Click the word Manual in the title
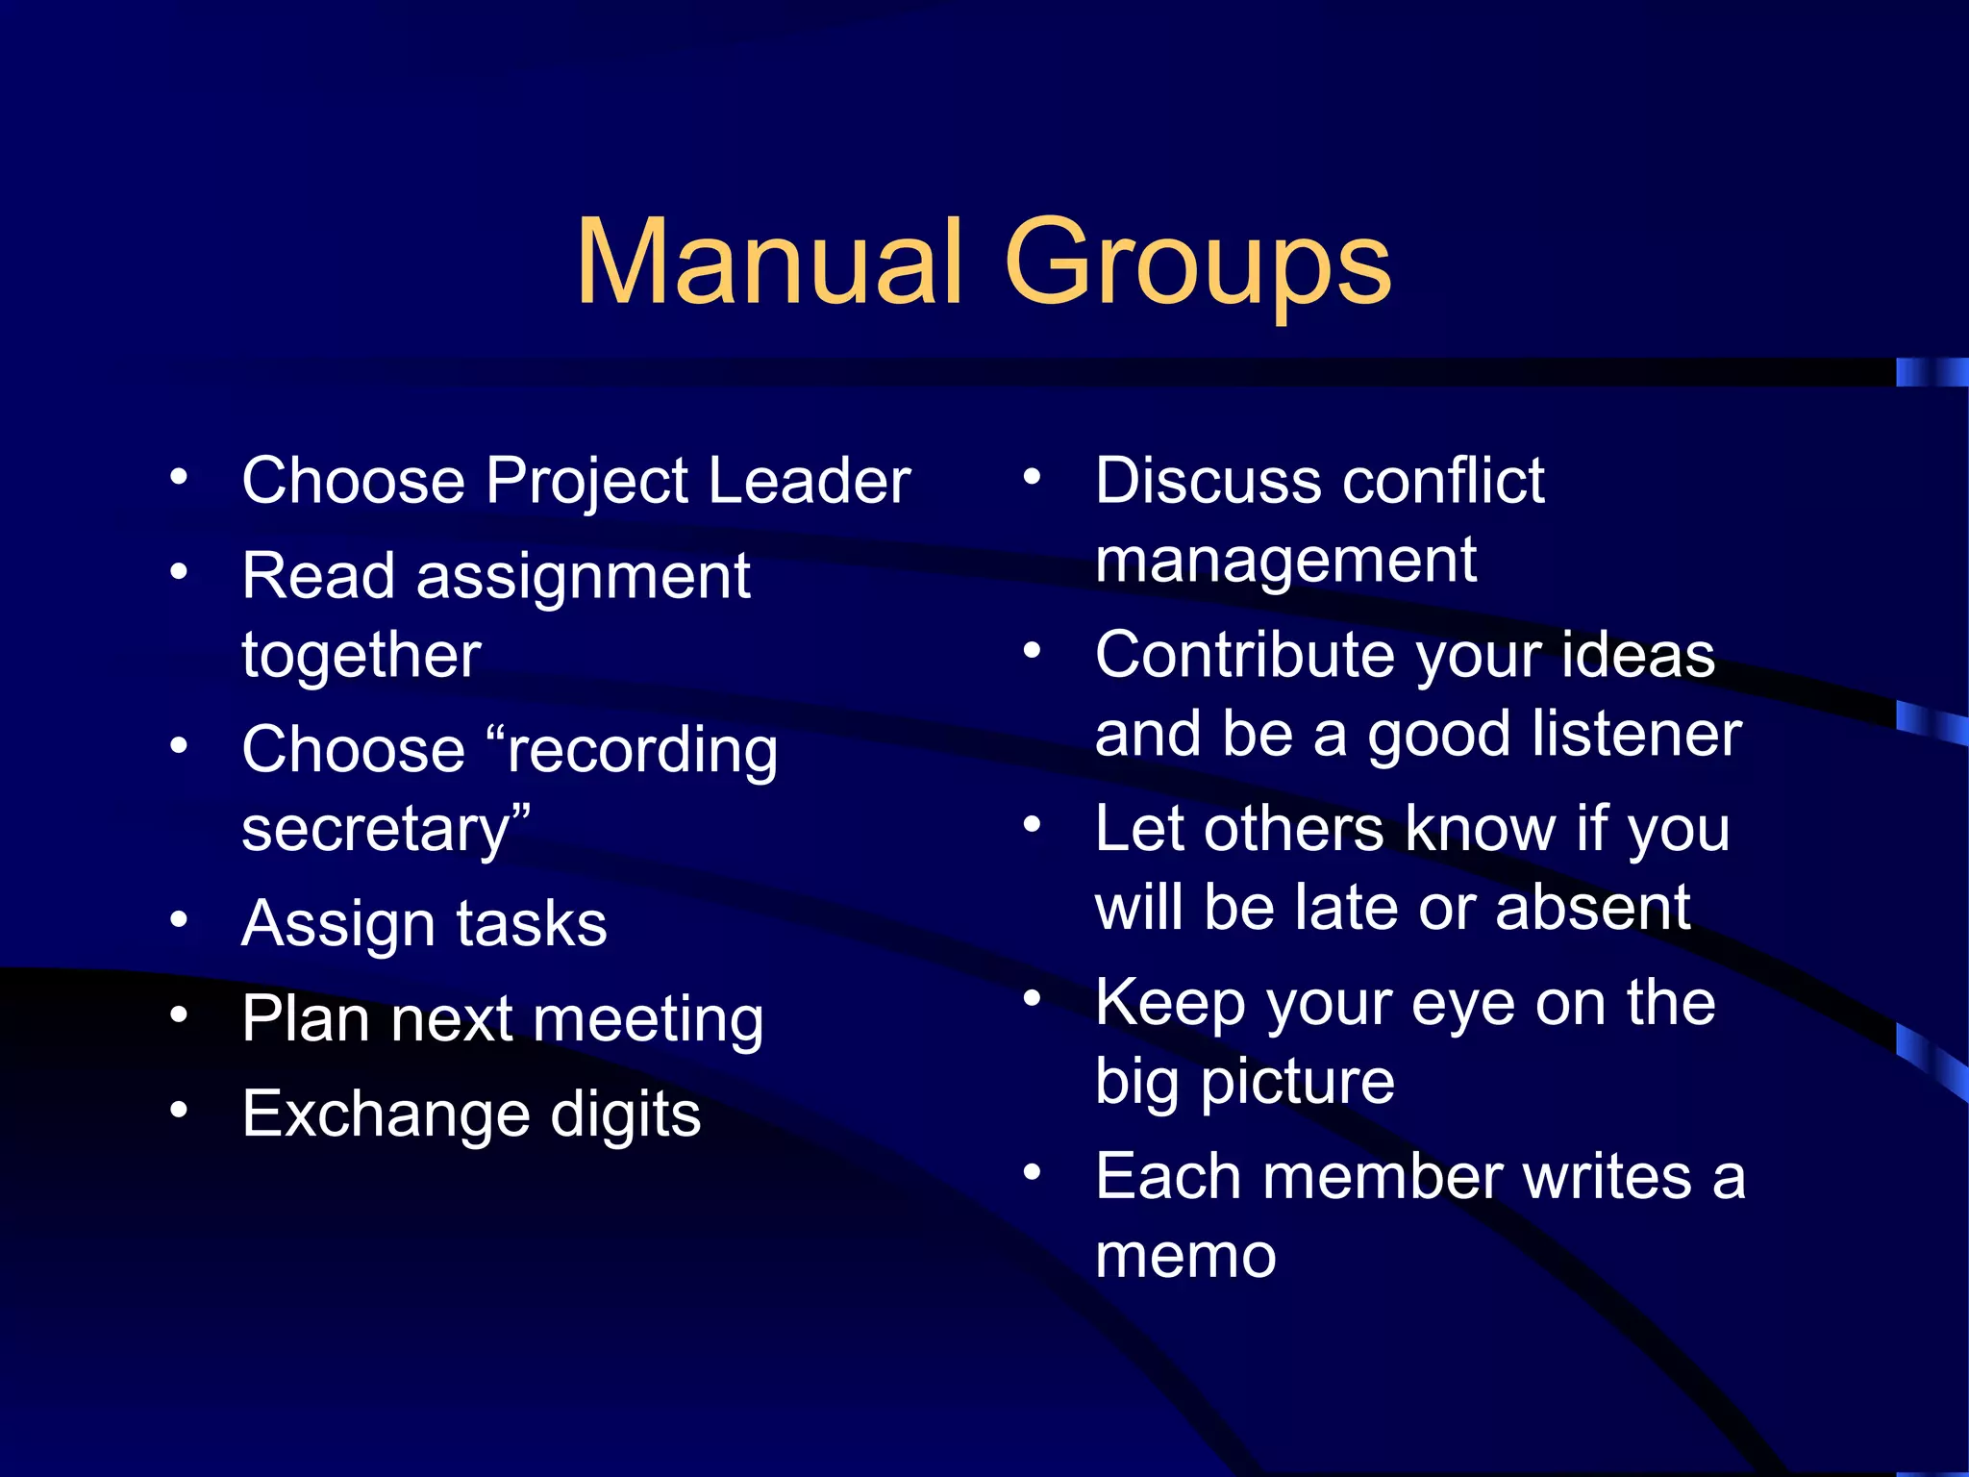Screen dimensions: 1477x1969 pos(769,262)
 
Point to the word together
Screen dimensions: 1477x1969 pos(361,657)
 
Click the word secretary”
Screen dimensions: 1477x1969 pos(386,830)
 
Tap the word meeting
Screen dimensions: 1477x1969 pos(647,1021)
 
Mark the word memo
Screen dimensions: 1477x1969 pos(1185,1256)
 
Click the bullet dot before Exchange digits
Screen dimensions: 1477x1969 pos(179,1111)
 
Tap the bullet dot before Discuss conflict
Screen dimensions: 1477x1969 pos(1032,476)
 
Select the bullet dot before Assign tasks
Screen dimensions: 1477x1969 pos(179,920)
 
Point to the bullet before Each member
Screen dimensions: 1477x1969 pos(1032,1172)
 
